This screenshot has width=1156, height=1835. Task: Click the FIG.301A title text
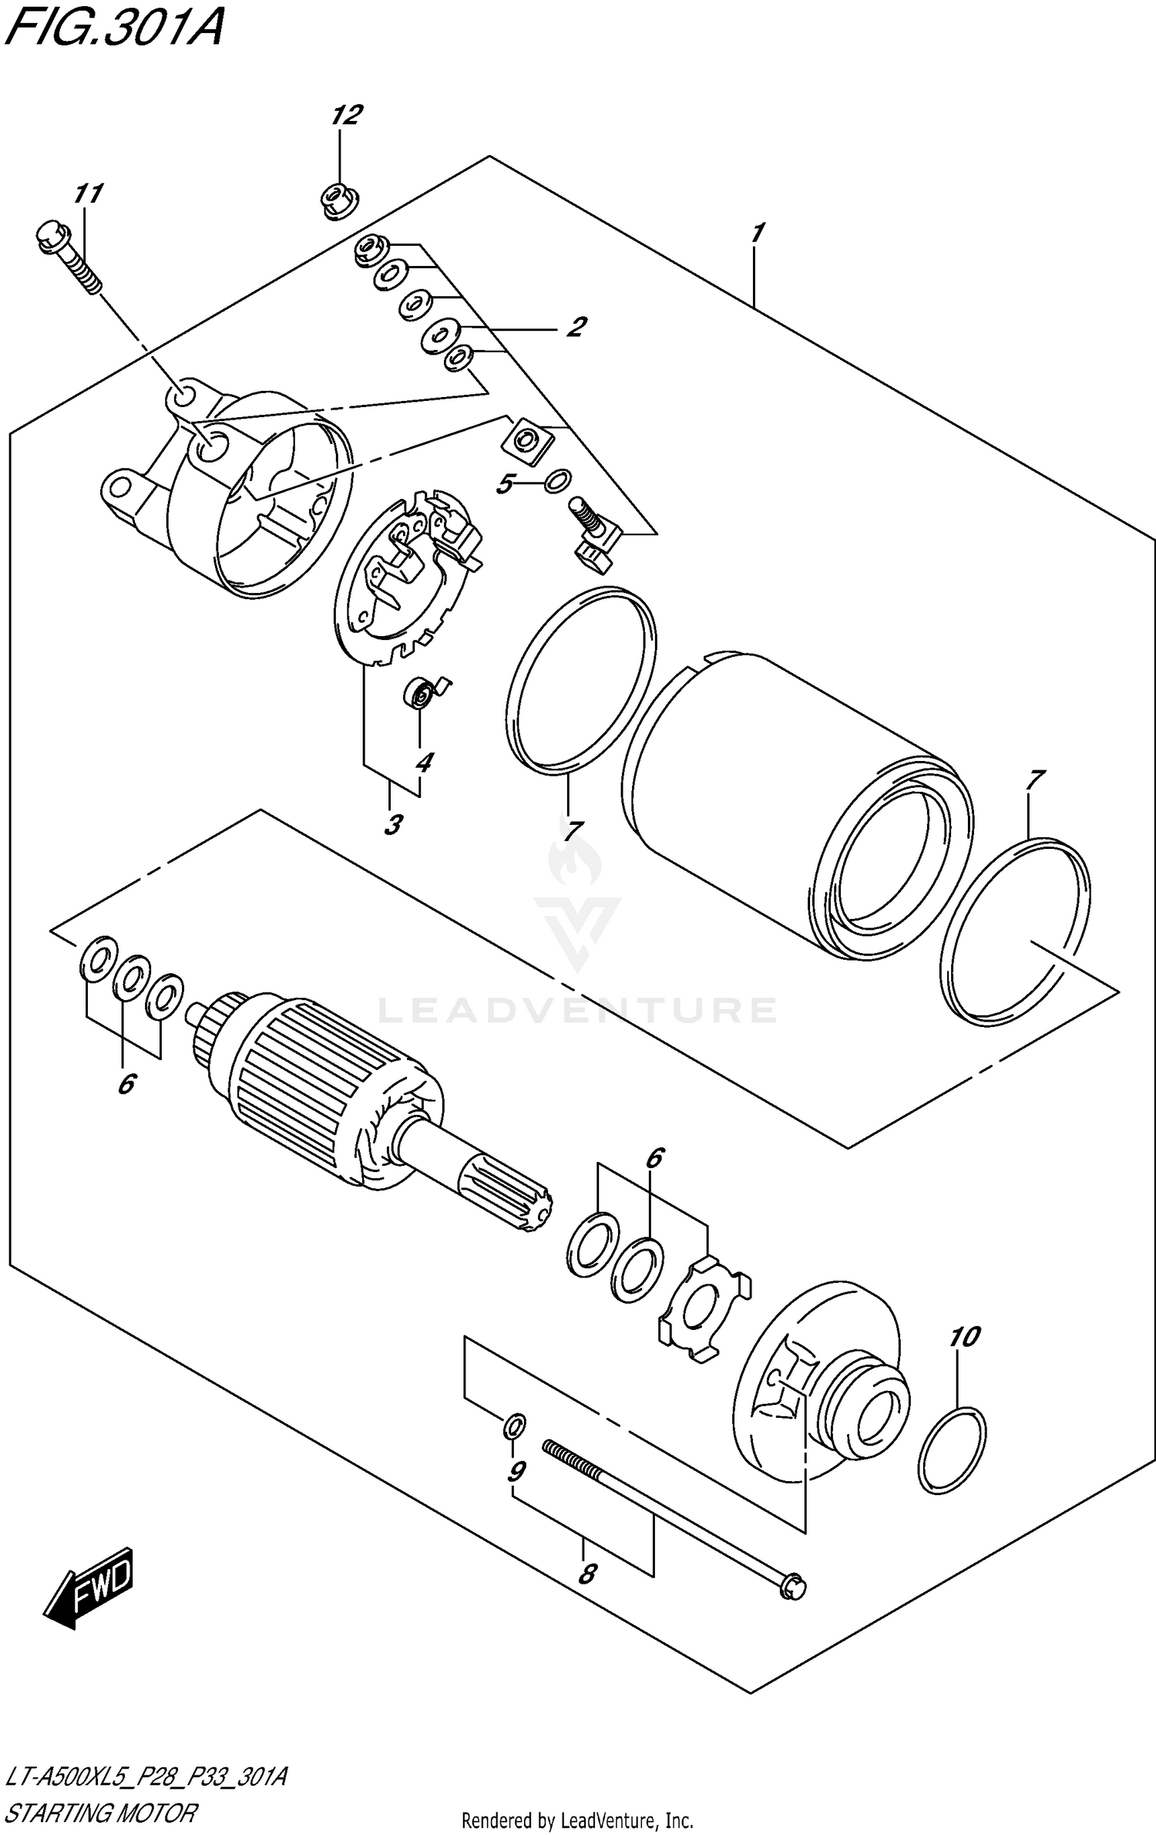[114, 31]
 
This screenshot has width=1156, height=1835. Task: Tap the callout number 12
[346, 116]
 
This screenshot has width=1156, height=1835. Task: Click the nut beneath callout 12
[338, 200]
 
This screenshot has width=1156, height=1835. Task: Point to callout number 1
[757, 232]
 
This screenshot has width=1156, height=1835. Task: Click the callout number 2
[575, 327]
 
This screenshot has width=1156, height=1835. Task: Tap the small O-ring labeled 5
[557, 482]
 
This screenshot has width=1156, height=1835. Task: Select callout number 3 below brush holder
[392, 824]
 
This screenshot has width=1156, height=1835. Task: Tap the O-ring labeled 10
[953, 1449]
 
